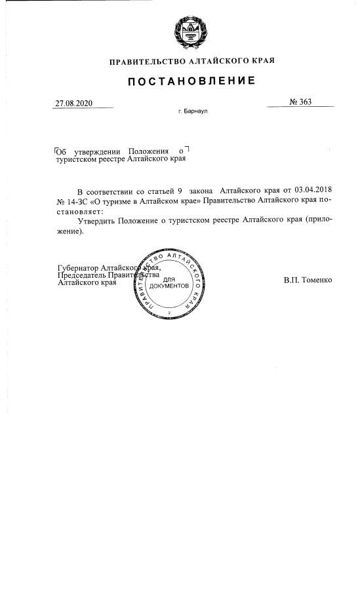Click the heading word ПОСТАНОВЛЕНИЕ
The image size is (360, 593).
pos(190,81)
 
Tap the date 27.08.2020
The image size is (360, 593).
pos(74,103)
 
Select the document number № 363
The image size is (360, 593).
pos(300,102)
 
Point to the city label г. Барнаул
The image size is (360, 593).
pos(192,112)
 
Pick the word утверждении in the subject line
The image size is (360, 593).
pos(98,152)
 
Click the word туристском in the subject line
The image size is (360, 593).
pos(78,159)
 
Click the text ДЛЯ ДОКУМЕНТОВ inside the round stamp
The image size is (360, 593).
pos(169,283)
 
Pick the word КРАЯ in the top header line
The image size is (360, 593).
pos(263,61)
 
